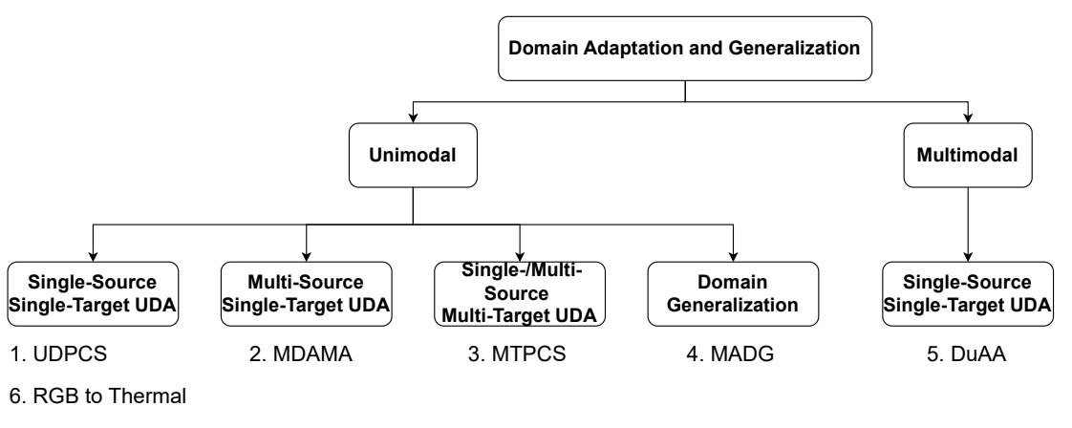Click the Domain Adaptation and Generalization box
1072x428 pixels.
click(x=685, y=49)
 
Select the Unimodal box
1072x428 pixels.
click(x=413, y=155)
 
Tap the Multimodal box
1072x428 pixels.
click(x=968, y=155)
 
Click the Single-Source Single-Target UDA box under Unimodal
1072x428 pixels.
click(x=93, y=294)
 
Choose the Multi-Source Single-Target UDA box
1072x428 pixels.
click(x=307, y=294)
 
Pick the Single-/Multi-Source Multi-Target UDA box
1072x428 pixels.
click(x=520, y=294)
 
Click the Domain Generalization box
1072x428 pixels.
click(x=733, y=294)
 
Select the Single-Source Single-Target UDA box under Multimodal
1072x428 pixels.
click(x=968, y=294)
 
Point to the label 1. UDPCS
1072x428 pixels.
click(x=59, y=354)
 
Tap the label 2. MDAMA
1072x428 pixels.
click(x=301, y=354)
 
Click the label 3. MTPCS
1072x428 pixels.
click(x=517, y=354)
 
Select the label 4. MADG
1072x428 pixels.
click(x=730, y=354)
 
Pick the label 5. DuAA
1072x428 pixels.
click(x=967, y=354)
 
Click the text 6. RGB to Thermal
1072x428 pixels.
click(x=97, y=396)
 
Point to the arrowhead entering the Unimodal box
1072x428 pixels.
click(x=413, y=118)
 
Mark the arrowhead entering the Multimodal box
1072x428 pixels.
click(x=968, y=118)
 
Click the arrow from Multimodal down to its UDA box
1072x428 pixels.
click(x=968, y=225)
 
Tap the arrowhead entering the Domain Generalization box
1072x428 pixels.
click(x=733, y=257)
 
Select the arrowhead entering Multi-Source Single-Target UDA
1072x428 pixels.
click(x=307, y=257)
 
